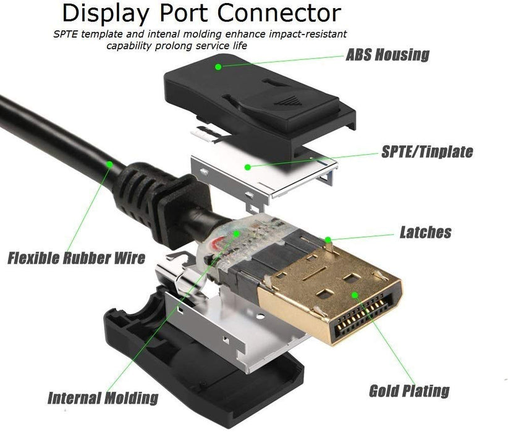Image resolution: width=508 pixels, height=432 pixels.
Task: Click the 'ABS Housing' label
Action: [x=387, y=54]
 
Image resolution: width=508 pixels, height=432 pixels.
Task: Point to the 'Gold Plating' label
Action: [x=409, y=390]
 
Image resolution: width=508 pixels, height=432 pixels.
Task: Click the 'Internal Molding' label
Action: [x=103, y=397]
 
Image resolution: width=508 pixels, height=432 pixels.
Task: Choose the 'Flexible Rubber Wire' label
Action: [x=77, y=257]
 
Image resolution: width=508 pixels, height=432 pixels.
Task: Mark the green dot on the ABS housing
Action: [x=218, y=65]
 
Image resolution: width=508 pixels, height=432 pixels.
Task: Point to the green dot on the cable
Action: [x=109, y=164]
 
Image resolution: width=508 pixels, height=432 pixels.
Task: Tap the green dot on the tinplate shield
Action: [x=247, y=165]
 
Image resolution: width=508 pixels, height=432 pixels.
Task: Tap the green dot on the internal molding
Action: [x=237, y=233]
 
